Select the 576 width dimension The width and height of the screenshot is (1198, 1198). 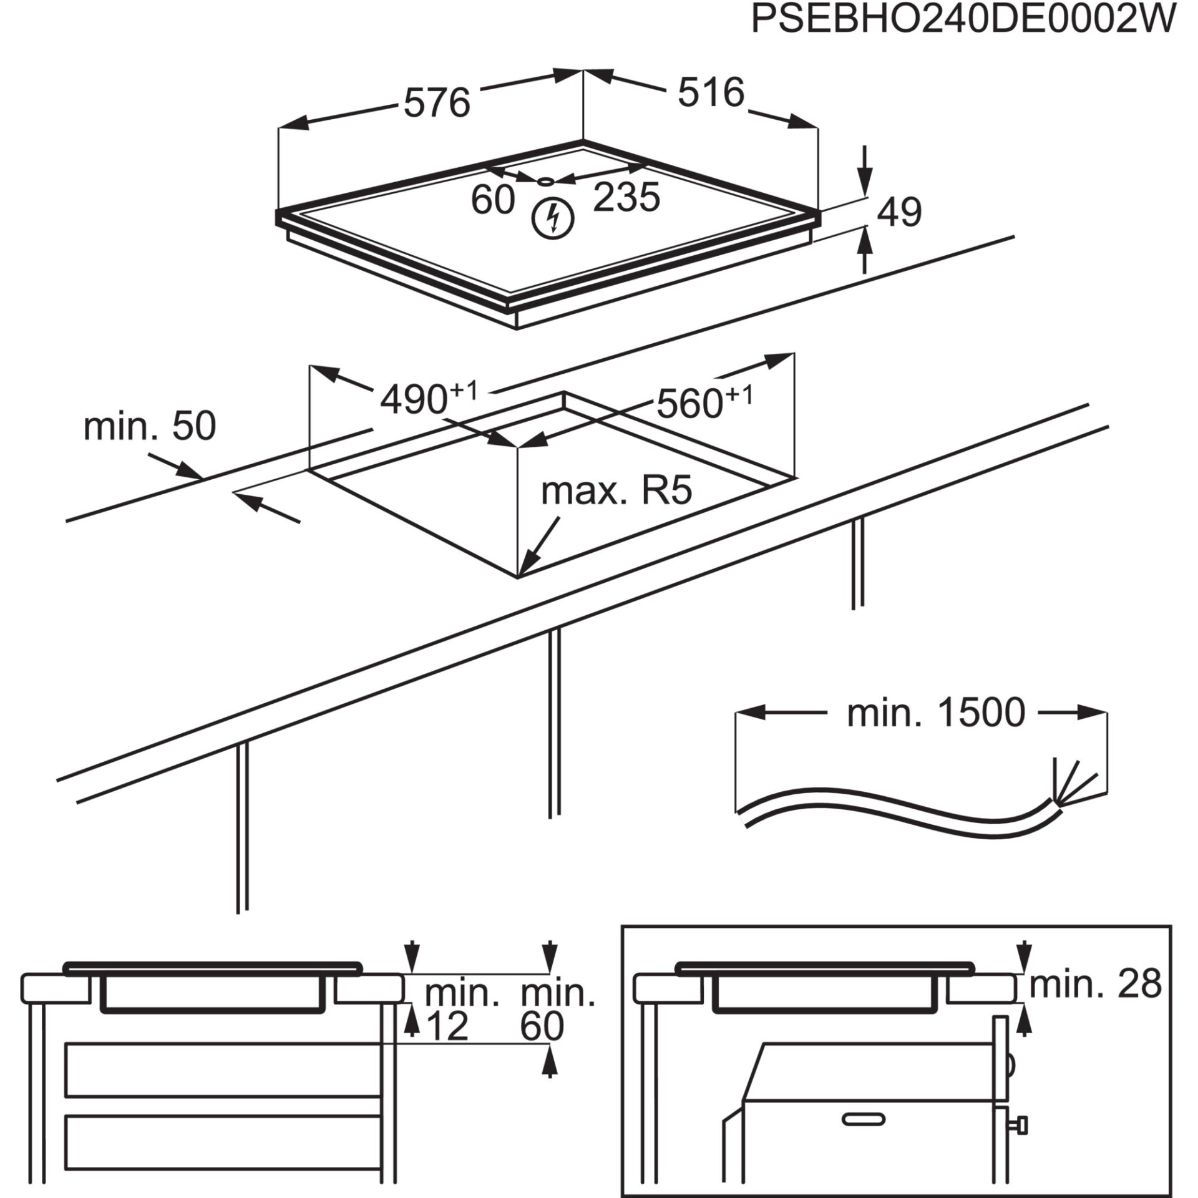point(436,103)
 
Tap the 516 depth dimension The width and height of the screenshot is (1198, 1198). point(711,93)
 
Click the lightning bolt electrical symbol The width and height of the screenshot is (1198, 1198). point(552,218)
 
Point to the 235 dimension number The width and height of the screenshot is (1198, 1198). point(626,198)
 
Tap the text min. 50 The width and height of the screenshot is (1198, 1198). point(150,427)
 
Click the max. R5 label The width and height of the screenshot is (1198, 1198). point(616,492)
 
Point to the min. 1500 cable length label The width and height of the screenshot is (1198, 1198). point(936,713)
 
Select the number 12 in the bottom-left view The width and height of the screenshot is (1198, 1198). point(446,1026)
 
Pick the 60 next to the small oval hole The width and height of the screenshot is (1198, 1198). point(493,200)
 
